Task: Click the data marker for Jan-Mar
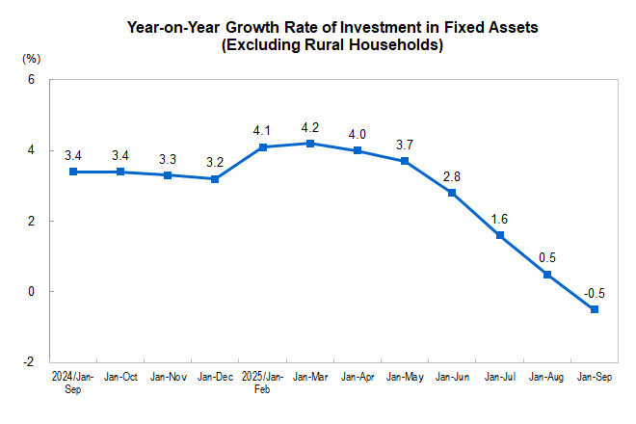pyautogui.click(x=309, y=144)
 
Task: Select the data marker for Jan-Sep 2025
pyautogui.click(x=594, y=309)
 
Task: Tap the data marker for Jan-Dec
pyautogui.click(x=215, y=179)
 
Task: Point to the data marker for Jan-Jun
pyautogui.click(x=452, y=193)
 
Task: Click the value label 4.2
pyautogui.click(x=309, y=127)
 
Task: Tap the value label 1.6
pyautogui.click(x=499, y=219)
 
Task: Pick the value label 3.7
pyautogui.click(x=404, y=145)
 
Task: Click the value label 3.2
pyautogui.click(x=215, y=162)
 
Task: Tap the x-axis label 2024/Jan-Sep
pyautogui.click(x=73, y=383)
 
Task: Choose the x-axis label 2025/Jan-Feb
pyautogui.click(x=262, y=383)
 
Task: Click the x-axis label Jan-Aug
pyautogui.click(x=546, y=378)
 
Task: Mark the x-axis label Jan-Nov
pyautogui.click(x=168, y=378)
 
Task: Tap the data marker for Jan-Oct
pyautogui.click(x=120, y=172)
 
